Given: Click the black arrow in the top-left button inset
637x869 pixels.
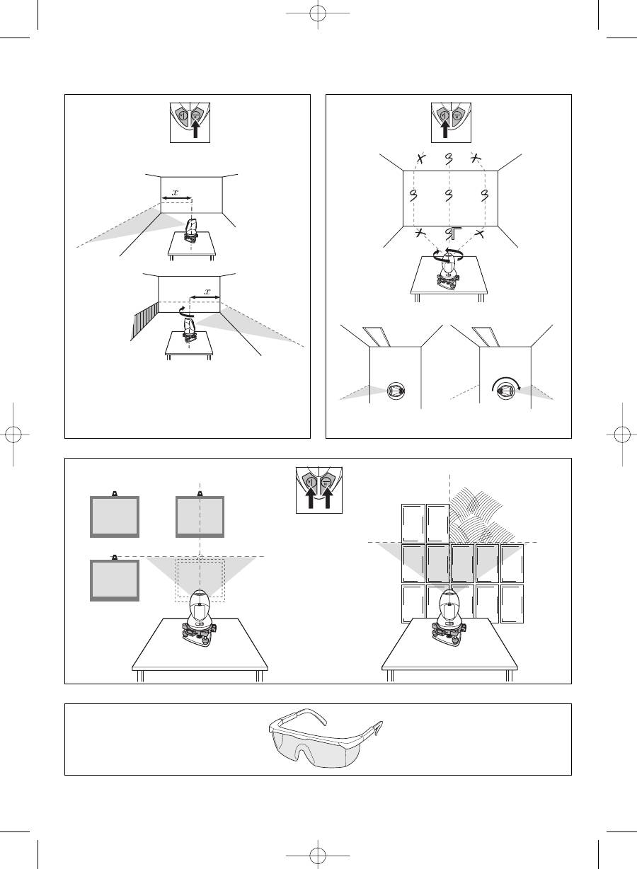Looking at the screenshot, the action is pos(195,129).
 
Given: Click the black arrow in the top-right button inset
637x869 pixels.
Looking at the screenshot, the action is pos(445,129).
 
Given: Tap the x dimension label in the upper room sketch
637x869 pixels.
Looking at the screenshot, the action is pos(176,192).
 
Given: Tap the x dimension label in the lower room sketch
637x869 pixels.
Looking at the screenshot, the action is pos(207,292).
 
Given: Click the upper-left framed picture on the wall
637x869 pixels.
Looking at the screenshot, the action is pos(115,517).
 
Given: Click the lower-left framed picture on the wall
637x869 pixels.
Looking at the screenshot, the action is pos(115,580).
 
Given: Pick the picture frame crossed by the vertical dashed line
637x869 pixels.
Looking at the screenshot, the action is pos(200,517).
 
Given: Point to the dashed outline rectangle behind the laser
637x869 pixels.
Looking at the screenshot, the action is pos(176,580).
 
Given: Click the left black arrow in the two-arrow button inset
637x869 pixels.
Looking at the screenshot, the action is pos(311,497).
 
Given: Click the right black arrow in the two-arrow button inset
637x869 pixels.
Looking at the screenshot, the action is pos(327,497).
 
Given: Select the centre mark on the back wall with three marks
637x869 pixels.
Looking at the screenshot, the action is pos(449,195).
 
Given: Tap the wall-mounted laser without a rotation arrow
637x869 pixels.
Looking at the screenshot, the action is pos(396,391).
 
